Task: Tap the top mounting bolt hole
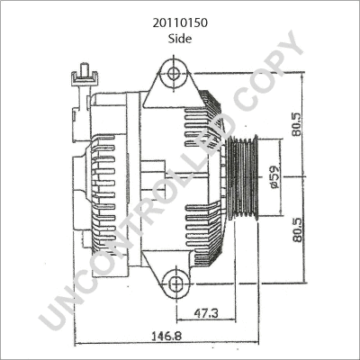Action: click(x=175, y=69)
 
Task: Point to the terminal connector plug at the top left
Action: click(x=82, y=76)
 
